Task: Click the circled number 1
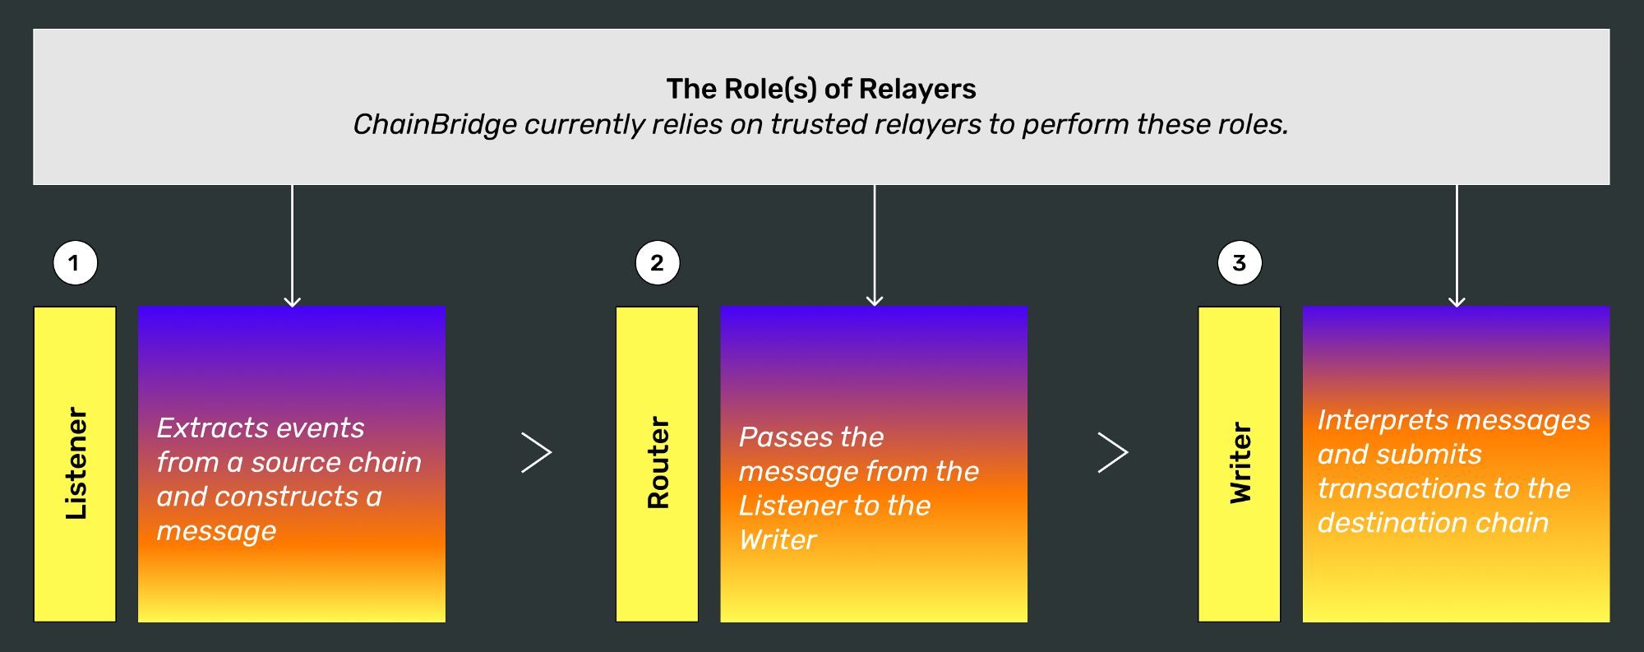tap(75, 263)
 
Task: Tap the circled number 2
tap(658, 263)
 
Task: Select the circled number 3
tap(1240, 263)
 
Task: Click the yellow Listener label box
tap(75, 465)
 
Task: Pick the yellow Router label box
tap(658, 465)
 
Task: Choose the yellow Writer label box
tap(1240, 465)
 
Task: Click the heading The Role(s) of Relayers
tap(821, 89)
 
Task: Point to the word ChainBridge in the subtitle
tap(435, 124)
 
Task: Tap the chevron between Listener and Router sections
tap(537, 452)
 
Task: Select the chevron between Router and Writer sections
tap(1114, 452)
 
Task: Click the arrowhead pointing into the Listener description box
tap(292, 301)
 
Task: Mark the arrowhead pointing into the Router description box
tap(875, 301)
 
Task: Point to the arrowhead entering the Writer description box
tap(1457, 301)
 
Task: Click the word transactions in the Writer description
tap(1394, 488)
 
